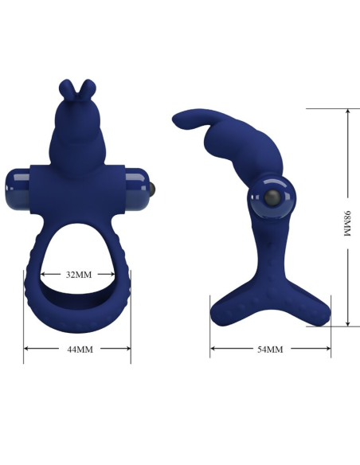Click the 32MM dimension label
(x=78, y=275)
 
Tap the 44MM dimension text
(x=78, y=349)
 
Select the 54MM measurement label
(x=269, y=350)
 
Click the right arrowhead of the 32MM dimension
(x=115, y=275)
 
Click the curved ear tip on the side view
(x=180, y=119)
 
